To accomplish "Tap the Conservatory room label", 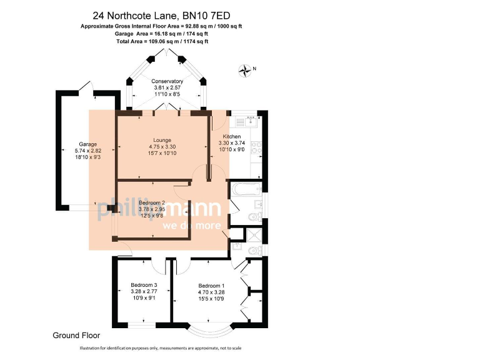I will pyautogui.click(x=168, y=81).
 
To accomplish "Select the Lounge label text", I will pyautogui.click(x=162, y=140).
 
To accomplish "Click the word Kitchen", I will pyautogui.click(x=229, y=136).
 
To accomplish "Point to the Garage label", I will pyautogui.click(x=79, y=144).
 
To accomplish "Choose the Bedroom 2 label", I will pyautogui.click(x=152, y=203).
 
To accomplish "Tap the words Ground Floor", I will pyautogui.click(x=74, y=336).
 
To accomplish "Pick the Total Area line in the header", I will pyautogui.click(x=162, y=41).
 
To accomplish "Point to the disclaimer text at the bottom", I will pyautogui.click(x=161, y=348).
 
